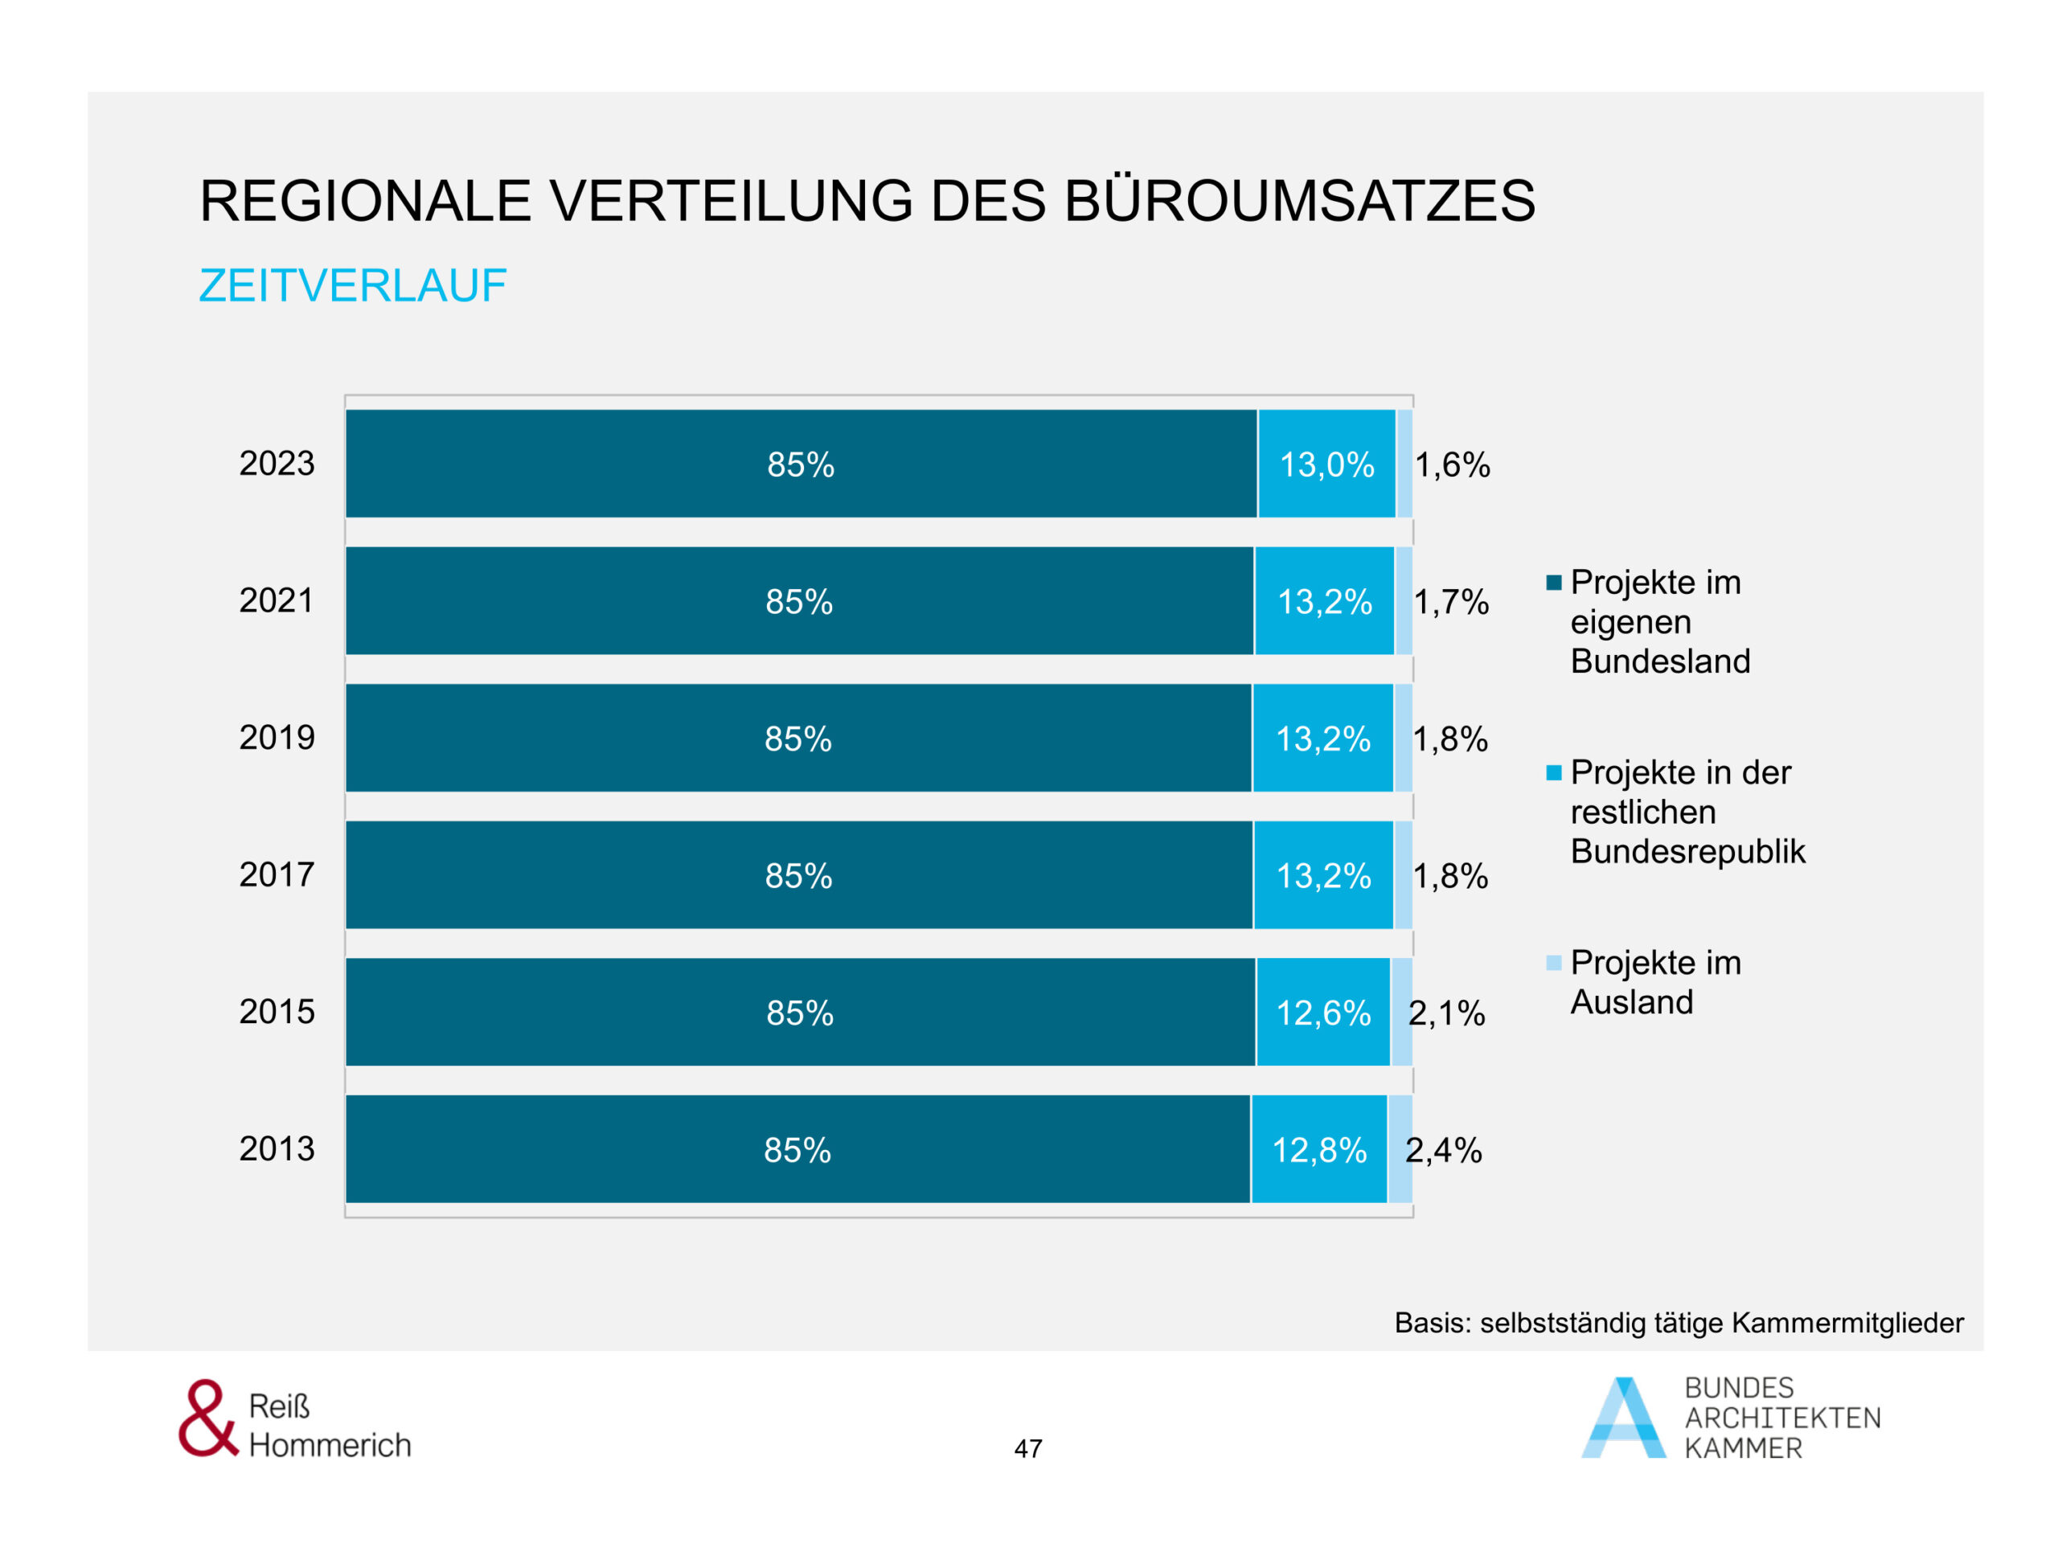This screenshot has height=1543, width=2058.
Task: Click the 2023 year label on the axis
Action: click(x=277, y=463)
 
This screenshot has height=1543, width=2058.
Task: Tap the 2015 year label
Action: click(x=277, y=1011)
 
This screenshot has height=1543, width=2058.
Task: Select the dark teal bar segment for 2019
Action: click(x=798, y=739)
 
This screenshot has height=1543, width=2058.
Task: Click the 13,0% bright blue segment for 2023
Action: click(x=1326, y=465)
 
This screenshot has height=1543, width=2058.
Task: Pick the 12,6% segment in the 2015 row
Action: click(x=1322, y=1012)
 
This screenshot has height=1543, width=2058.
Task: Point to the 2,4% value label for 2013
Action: click(x=1443, y=1151)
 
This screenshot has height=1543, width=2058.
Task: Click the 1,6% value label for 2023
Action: click(x=1453, y=465)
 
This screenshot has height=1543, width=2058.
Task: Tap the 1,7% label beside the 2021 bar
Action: click(x=1450, y=602)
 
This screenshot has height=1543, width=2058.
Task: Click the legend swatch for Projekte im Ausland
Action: click(x=1553, y=963)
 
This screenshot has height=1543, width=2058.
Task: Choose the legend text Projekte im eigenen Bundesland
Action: click(x=1660, y=621)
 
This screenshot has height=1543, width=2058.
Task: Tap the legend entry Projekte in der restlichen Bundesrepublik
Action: click(x=1687, y=811)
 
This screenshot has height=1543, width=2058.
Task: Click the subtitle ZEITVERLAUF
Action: click(x=353, y=285)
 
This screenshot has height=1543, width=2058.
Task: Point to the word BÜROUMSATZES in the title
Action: click(x=1299, y=201)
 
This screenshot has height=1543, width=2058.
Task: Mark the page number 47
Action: click(x=1028, y=1448)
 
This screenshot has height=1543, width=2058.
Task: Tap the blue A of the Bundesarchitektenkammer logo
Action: click(x=1624, y=1418)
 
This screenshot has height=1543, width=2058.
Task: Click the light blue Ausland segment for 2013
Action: click(x=1400, y=1149)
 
